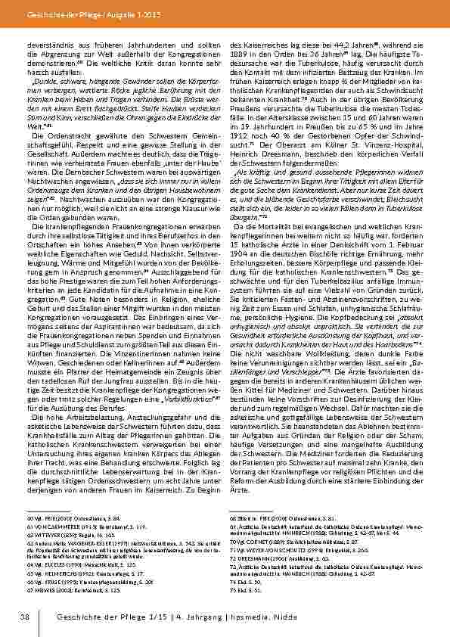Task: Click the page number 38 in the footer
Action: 24,619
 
